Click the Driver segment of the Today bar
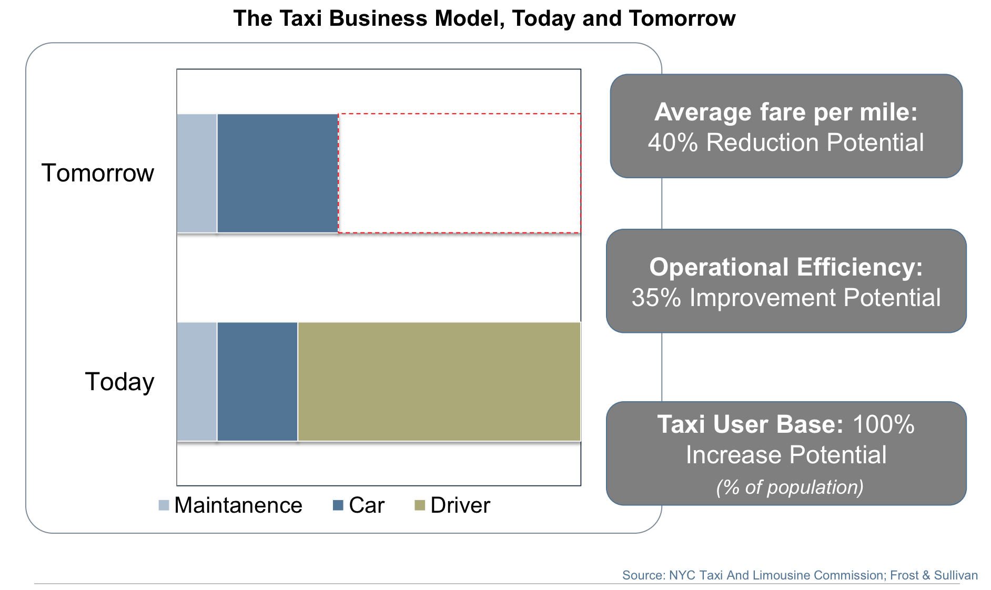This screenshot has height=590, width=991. pos(439,381)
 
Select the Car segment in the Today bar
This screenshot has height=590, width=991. pos(257,381)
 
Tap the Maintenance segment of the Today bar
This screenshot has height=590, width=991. pos(197,381)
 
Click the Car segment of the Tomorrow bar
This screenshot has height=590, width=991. pos(278,173)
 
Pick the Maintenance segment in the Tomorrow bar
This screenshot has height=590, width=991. pos(197,173)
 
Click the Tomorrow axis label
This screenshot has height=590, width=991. pos(98,173)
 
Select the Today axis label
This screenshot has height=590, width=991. pos(119,382)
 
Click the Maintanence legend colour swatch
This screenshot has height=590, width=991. pos(164,505)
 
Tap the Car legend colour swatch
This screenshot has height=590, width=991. pos(338,505)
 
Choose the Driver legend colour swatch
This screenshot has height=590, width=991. pos(420,505)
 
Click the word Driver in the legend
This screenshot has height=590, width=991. pos(460,505)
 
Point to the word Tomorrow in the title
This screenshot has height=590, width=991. pos(682,18)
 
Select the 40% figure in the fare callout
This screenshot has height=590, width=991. pos(673,143)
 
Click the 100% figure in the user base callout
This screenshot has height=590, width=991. pos(884,424)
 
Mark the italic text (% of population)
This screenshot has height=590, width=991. pos(790,487)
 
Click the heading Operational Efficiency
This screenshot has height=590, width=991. pos(786,267)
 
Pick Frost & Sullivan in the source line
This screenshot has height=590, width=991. pos(934,575)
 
